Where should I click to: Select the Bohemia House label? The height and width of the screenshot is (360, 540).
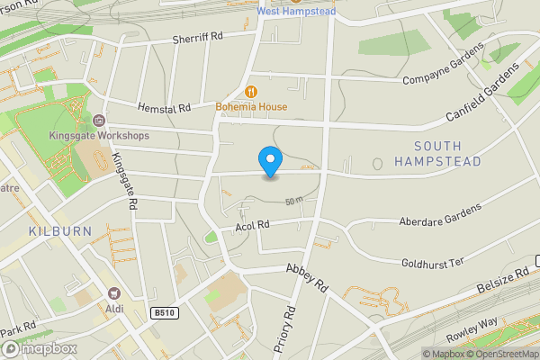pyautogui.click(x=251, y=106)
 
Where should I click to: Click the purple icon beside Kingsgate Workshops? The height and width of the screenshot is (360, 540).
pyautogui.click(x=100, y=120)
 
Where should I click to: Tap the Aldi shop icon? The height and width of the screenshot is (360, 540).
pyautogui.click(x=114, y=294)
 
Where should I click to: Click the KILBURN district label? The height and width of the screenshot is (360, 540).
pyautogui.click(x=59, y=231)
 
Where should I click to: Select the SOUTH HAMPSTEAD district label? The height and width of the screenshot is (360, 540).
pyautogui.click(x=449, y=153)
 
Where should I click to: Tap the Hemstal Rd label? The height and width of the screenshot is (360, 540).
pyautogui.click(x=165, y=108)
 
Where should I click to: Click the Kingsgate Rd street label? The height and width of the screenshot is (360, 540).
pyautogui.click(x=123, y=181)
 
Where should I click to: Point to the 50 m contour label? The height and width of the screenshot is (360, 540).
pyautogui.click(x=293, y=201)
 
